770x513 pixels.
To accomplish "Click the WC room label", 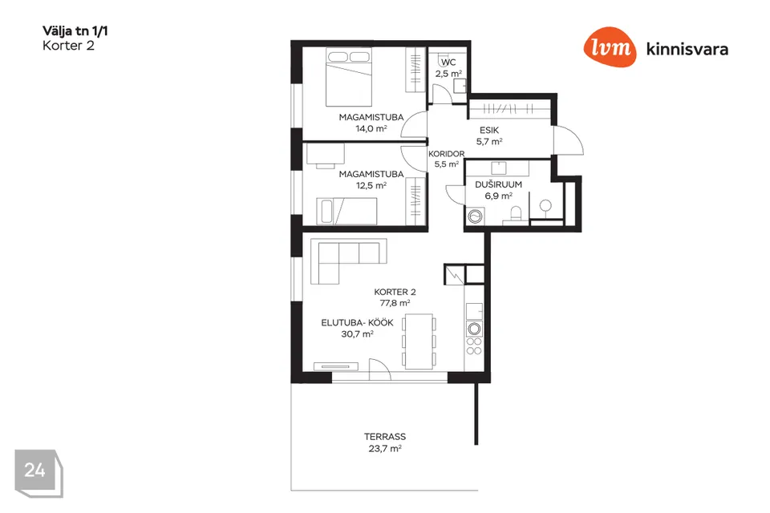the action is tap(448, 63).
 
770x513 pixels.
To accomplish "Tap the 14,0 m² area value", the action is tap(371, 128).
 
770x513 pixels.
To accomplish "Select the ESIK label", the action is tap(489, 130).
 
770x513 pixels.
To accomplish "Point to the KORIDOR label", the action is tap(447, 154).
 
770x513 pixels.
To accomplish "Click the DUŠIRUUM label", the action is tap(498, 184).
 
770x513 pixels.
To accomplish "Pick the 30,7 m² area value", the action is tap(358, 333).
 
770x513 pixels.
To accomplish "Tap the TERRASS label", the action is tap(385, 436).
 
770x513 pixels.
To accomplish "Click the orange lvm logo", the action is tap(610, 46).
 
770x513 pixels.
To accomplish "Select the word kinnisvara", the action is tap(687, 49).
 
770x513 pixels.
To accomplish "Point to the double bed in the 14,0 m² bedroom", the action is tap(349, 77).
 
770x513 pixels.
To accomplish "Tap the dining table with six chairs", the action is tap(419, 341).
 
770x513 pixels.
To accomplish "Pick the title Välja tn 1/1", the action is tap(75, 31).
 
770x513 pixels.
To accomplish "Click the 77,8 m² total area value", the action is tap(395, 303).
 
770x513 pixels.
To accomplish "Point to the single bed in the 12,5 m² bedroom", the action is tap(346, 211).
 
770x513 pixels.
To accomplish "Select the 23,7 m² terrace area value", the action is tap(385, 448).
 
